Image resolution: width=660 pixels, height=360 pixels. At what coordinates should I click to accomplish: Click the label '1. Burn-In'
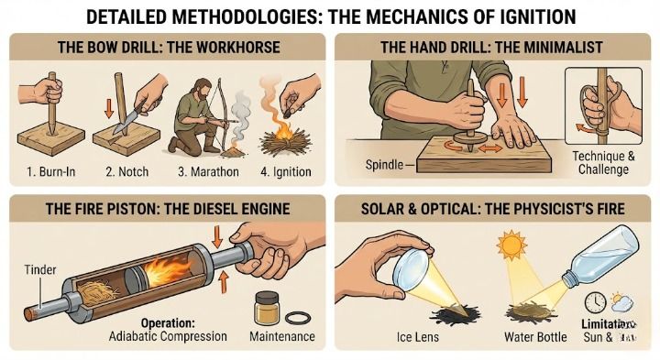[x=45, y=171]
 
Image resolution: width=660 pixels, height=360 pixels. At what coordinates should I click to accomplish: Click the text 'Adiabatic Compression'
[x=168, y=336]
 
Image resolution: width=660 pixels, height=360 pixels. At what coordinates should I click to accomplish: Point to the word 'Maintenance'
[x=281, y=336]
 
